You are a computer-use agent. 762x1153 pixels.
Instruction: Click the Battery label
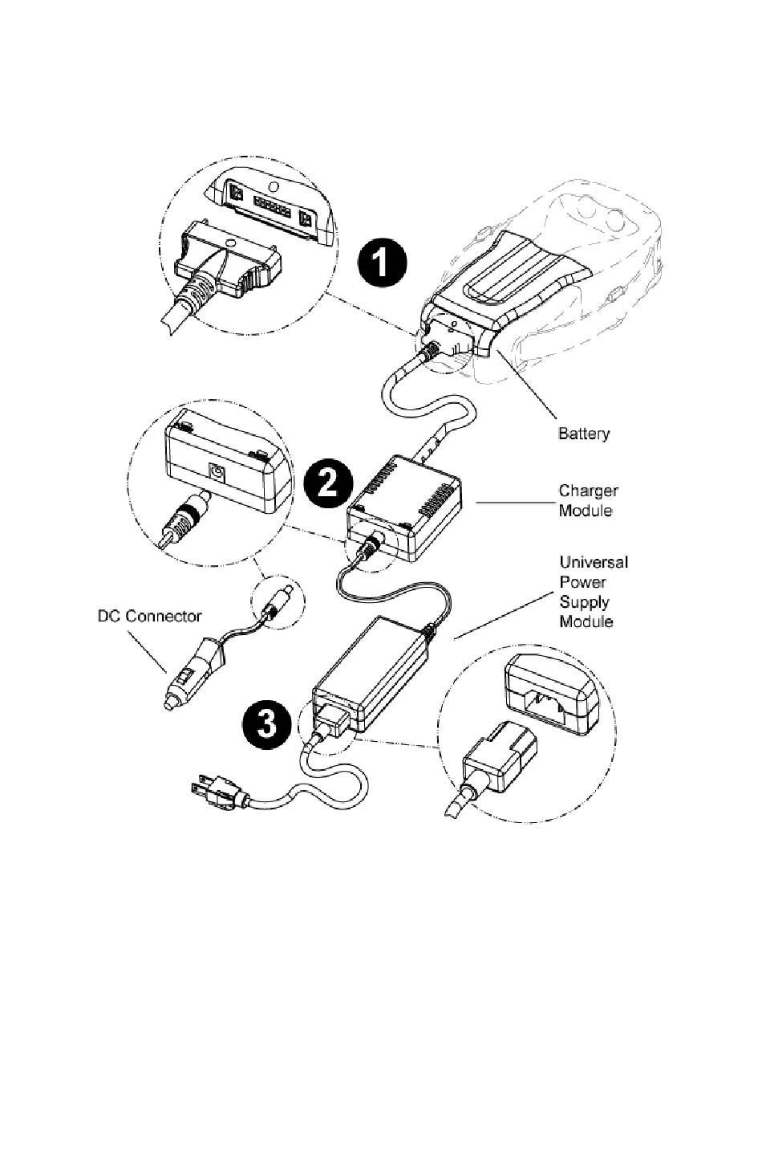(x=583, y=434)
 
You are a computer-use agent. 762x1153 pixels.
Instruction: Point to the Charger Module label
(x=588, y=500)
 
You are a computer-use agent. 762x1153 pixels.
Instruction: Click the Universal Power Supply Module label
(x=593, y=592)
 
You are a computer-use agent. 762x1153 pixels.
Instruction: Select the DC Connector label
(x=149, y=617)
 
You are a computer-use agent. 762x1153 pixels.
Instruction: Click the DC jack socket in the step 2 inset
(x=216, y=472)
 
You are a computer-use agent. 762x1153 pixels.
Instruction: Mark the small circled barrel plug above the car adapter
(x=277, y=600)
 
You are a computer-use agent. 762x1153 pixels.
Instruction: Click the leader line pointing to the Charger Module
(x=513, y=503)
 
